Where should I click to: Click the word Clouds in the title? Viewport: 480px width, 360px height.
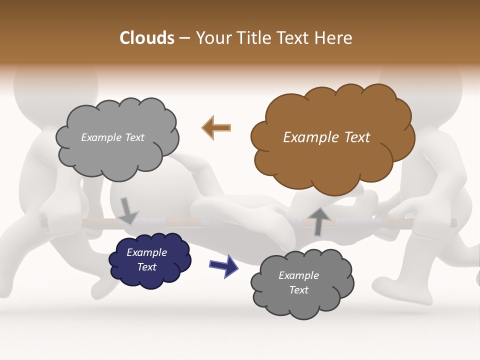point(146,38)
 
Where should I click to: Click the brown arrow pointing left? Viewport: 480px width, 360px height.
point(216,127)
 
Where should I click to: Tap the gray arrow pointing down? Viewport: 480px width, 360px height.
point(128,210)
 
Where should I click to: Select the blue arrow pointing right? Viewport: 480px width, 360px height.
point(224,265)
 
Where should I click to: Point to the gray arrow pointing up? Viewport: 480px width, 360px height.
point(318,221)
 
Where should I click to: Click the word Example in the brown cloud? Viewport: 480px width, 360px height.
point(310,137)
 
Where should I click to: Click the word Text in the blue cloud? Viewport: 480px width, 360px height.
point(147,267)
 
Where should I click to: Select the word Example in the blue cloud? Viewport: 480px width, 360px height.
point(147,252)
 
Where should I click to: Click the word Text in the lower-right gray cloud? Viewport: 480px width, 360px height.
point(299,290)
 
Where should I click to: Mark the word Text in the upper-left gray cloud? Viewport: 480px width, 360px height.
point(134,137)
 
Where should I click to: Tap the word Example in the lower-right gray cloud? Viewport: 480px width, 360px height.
point(299,275)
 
